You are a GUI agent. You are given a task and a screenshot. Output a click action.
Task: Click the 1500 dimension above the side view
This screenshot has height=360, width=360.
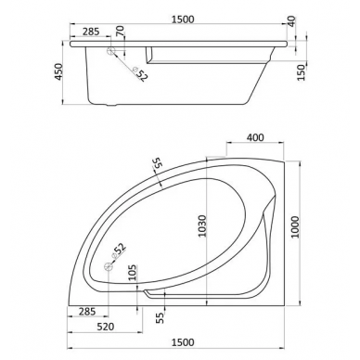183,19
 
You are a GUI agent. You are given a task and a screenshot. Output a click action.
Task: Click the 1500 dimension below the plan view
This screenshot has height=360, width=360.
183,342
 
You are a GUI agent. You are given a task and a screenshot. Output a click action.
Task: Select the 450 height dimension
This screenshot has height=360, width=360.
58,71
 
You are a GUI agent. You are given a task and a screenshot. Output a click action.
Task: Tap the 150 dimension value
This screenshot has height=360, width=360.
301,72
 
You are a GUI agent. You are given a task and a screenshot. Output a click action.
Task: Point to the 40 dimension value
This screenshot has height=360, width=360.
291,21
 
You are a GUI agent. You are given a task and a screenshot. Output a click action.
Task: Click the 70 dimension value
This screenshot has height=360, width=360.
120,31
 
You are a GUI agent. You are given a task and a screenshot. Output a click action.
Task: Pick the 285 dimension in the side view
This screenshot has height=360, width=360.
91,32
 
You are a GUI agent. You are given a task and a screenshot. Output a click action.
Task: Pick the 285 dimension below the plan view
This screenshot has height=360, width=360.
87,312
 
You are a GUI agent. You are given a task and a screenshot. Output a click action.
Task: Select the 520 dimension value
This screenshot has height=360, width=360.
106,327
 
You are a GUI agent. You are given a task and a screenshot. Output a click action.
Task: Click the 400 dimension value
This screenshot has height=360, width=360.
255,137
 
